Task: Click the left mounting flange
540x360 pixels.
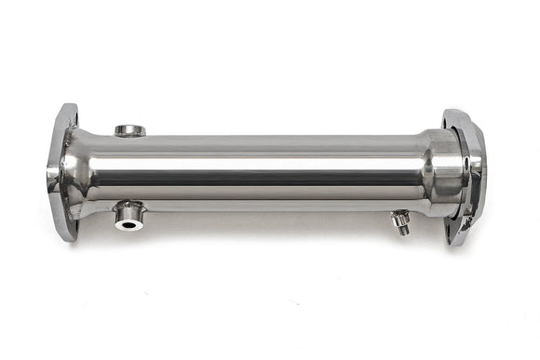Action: point(61,172)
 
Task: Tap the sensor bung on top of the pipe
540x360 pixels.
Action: point(129,131)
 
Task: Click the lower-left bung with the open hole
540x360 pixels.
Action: point(128,217)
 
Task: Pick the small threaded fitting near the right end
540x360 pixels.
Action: point(401,221)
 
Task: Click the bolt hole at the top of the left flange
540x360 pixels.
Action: point(69,118)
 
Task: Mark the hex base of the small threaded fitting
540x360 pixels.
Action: point(399,217)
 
